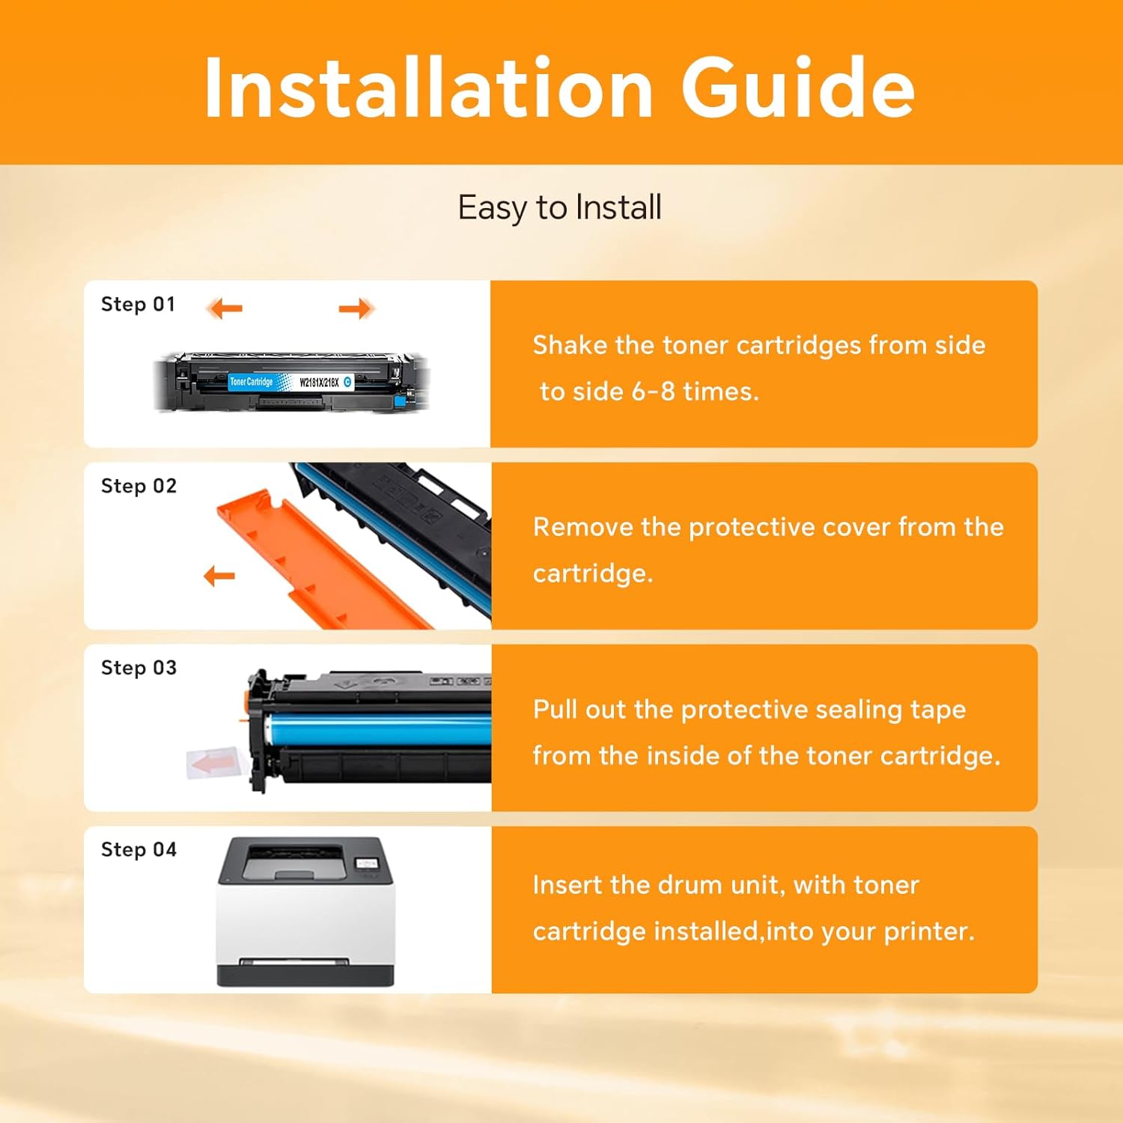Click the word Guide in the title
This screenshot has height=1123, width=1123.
(798, 88)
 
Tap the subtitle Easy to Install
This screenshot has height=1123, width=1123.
(560, 208)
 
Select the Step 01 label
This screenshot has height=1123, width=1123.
(139, 305)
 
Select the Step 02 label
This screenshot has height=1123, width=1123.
(139, 487)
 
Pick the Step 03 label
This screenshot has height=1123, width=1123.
(139, 669)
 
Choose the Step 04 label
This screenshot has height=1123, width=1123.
(139, 850)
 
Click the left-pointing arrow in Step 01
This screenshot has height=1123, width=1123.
(225, 308)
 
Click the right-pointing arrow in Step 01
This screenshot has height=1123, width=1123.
(356, 308)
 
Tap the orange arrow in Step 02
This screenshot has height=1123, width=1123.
(219, 576)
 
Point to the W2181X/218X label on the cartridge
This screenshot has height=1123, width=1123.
(319, 383)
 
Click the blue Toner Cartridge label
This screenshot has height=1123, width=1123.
(252, 382)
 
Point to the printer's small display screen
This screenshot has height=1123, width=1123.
(367, 864)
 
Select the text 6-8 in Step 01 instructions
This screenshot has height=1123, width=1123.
(646, 392)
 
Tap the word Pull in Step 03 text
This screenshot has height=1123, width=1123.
(556, 709)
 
